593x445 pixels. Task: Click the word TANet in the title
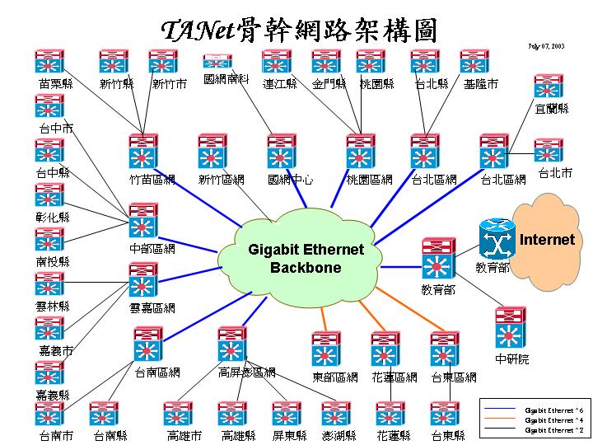point(197,31)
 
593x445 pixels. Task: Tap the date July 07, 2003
point(546,46)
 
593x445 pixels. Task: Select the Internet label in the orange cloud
point(547,240)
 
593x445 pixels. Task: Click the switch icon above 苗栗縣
point(49,63)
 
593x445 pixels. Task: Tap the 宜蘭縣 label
point(552,108)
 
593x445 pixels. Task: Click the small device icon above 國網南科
point(218,62)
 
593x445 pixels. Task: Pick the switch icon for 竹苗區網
point(143,151)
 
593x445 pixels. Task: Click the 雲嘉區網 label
point(152,308)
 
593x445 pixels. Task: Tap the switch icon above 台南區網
point(148,344)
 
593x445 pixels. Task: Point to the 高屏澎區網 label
point(247,373)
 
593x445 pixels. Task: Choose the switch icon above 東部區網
point(326,349)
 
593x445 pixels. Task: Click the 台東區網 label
point(454,377)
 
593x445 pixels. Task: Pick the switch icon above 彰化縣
point(49,196)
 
